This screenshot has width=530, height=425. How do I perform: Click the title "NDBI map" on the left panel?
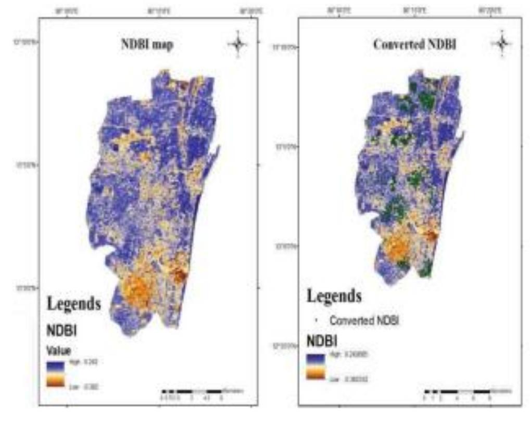[x=147, y=45]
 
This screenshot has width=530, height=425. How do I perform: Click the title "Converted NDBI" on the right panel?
[x=414, y=45]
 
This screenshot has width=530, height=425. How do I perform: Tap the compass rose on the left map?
[x=237, y=44]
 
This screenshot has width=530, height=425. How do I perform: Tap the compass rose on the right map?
[x=501, y=44]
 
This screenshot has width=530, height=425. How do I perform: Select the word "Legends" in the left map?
[x=74, y=303]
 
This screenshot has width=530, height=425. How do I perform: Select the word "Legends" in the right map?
[x=334, y=297]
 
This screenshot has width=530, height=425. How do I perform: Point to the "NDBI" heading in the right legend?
[x=321, y=341]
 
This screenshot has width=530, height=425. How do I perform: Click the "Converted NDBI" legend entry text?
[x=364, y=321]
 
